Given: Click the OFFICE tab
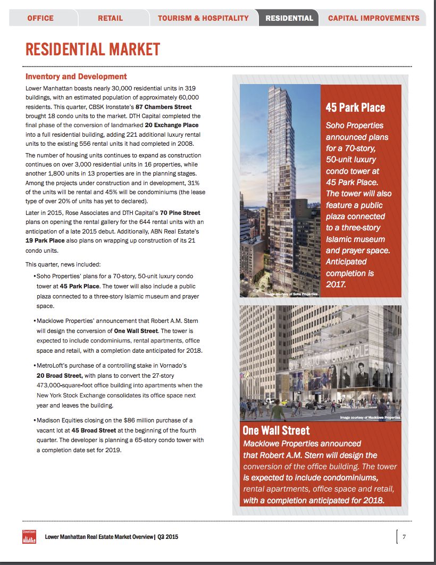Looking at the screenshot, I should point(40,18).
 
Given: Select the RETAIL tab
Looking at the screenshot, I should point(110,18).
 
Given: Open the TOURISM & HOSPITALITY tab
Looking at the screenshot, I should point(203,18).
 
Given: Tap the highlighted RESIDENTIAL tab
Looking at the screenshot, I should point(289,18).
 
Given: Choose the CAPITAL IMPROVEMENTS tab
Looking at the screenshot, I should point(373,18).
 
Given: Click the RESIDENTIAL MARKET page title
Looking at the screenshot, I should point(93,49).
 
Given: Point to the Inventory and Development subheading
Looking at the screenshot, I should point(76,77).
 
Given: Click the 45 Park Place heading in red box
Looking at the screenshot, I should point(355,108).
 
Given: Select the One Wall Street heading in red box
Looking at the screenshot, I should point(276,430).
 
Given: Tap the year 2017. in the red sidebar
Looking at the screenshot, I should point(336,285).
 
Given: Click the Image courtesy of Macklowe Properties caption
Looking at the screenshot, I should point(370,418).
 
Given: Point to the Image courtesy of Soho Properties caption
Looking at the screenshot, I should point(291,294).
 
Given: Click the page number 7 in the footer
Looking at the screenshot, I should point(404,536).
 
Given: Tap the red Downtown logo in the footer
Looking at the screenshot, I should point(30,537).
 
